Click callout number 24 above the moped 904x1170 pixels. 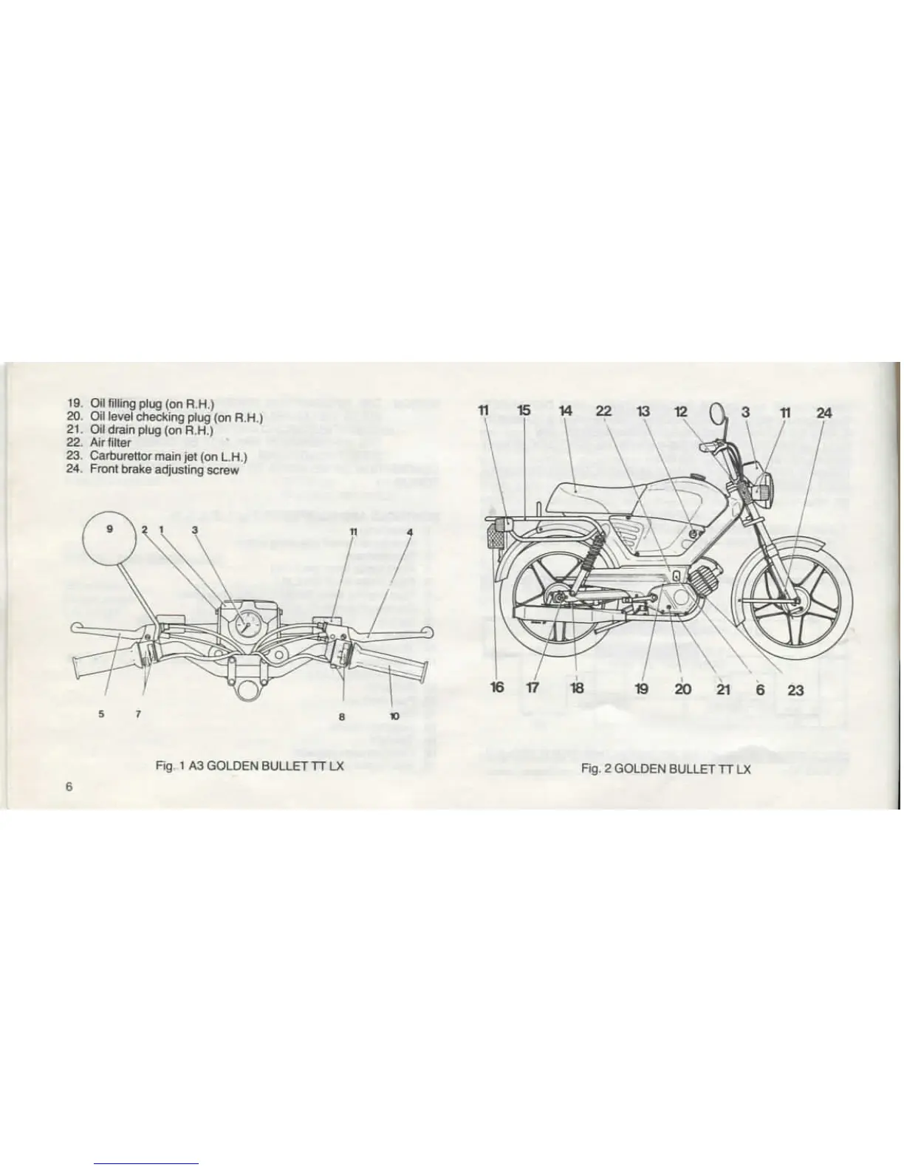coord(823,412)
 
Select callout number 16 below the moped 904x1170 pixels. coord(497,688)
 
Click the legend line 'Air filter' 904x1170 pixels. coord(110,442)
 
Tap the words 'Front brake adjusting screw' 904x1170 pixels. coord(164,469)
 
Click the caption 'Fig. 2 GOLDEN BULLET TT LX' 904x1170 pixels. coord(665,769)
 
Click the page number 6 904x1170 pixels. coord(69,786)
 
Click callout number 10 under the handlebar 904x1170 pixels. coord(394,716)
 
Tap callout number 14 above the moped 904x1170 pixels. coord(566,411)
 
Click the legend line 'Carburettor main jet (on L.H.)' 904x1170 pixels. coord(168,456)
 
